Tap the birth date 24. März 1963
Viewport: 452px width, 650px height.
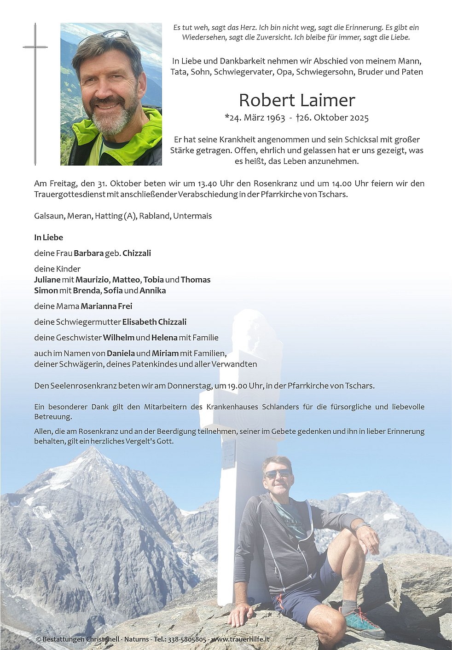pyautogui.click(x=255, y=118)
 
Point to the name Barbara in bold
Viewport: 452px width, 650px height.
pyautogui.click(x=88, y=253)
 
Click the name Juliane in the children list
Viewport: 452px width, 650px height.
pyautogui.click(x=47, y=280)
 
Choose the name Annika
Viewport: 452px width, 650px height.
pyautogui.click(x=152, y=291)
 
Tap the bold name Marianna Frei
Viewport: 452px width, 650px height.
pyautogui.click(x=106, y=306)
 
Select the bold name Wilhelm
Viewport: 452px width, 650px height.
pyautogui.click(x=118, y=338)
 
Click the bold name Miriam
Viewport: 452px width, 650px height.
pyautogui.click(x=165, y=353)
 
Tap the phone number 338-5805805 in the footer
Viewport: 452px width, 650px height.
pyautogui.click(x=187, y=639)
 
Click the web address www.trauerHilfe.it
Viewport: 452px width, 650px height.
pyautogui.click(x=240, y=639)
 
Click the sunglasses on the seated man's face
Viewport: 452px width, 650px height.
pyautogui.click(x=277, y=473)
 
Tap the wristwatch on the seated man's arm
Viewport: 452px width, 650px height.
pyautogui.click(x=362, y=525)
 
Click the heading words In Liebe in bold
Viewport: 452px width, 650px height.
pyautogui.click(x=48, y=237)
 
